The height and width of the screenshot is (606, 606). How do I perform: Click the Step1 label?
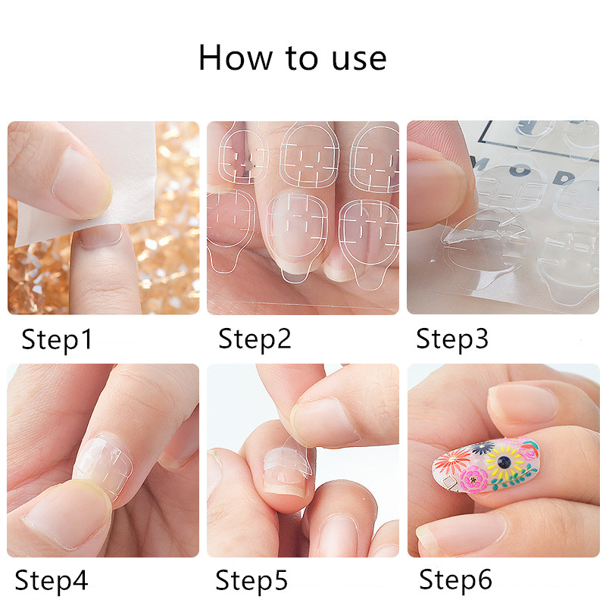57,339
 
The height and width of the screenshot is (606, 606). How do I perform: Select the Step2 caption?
255,339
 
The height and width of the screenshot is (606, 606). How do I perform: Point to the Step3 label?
452,339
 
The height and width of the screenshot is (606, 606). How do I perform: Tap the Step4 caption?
51,581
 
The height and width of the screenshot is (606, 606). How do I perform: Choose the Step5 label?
251,581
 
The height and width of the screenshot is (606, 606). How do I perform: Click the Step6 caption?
456,580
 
